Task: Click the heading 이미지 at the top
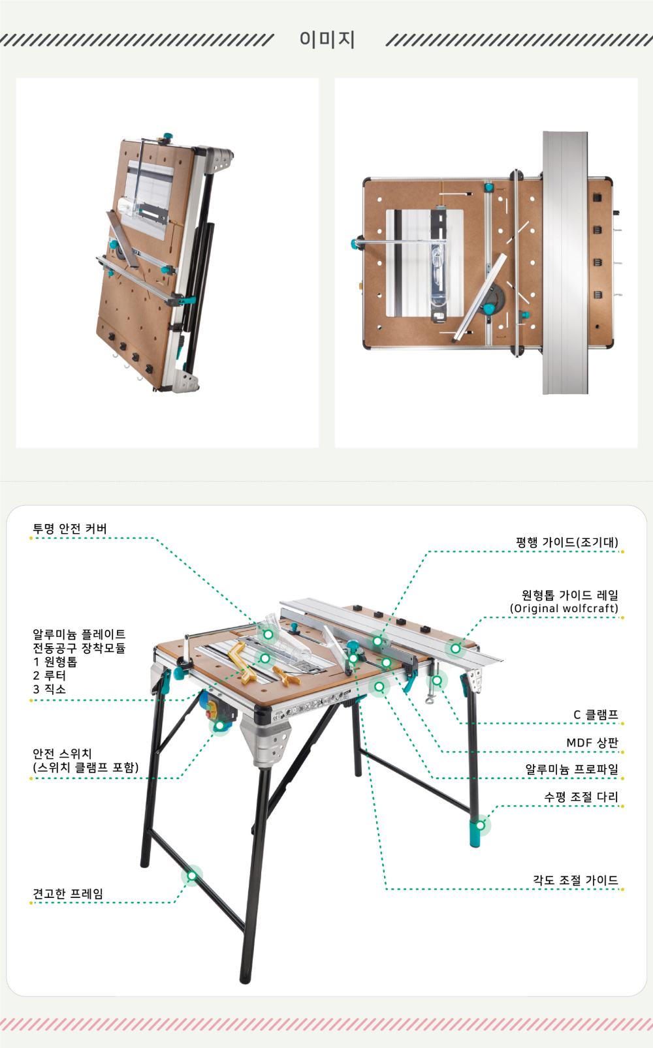[x=327, y=39]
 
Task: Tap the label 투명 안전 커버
[x=70, y=529]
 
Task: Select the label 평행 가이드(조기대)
[x=567, y=542]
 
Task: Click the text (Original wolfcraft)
[x=564, y=608]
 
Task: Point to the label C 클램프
[x=596, y=715]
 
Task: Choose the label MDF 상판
[x=593, y=743]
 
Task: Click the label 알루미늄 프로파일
[x=571, y=769]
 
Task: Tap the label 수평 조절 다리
[x=581, y=797]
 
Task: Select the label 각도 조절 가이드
[x=575, y=880]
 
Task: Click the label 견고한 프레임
[x=68, y=893]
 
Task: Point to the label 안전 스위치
[x=62, y=754]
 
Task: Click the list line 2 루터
[x=49, y=675]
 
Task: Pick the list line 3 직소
[x=49, y=688]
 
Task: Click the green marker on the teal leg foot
[x=480, y=825]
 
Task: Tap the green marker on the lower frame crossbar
[x=192, y=876]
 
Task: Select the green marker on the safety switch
[x=219, y=726]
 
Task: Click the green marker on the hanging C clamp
[x=437, y=680]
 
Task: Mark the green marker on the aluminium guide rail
[x=455, y=649]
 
